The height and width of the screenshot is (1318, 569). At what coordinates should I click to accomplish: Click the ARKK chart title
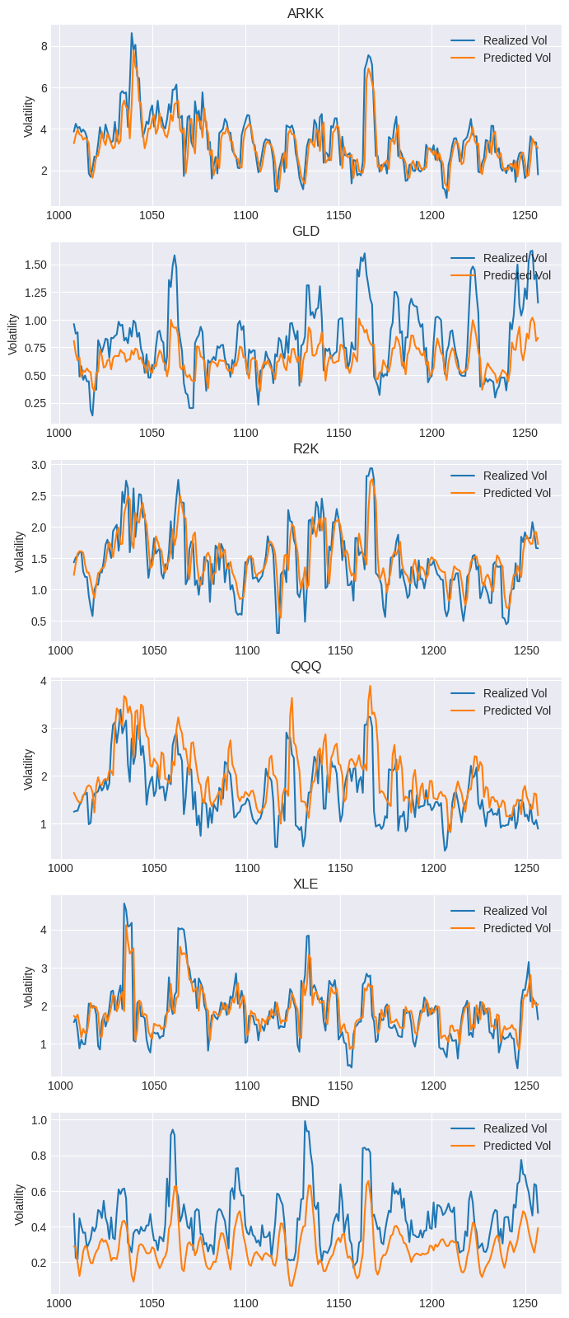point(305,13)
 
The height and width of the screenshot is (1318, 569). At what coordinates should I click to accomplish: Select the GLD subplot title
point(305,231)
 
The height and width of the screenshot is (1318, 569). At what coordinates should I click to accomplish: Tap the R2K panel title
point(305,448)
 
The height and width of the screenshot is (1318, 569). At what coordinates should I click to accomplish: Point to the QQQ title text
point(305,666)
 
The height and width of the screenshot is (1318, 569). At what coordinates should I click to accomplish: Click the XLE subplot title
point(305,884)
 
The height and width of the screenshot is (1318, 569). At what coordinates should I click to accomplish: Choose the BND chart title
point(305,1101)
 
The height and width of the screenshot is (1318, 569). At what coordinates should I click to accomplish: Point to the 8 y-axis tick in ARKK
point(44,46)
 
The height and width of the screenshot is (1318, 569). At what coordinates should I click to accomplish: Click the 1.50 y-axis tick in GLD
point(35,265)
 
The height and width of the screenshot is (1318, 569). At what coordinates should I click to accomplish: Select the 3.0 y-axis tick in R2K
point(39,465)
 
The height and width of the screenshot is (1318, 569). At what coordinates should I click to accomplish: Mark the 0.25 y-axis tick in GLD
point(35,403)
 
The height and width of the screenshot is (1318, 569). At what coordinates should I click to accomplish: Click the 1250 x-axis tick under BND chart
point(525,1303)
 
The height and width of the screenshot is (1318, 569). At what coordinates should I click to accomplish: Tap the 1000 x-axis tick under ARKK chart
point(58,215)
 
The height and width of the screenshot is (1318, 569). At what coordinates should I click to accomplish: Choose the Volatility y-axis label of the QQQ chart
point(29,769)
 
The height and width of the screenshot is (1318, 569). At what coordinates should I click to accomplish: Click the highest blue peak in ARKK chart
point(131,34)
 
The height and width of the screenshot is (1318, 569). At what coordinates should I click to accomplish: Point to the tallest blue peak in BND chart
point(305,1121)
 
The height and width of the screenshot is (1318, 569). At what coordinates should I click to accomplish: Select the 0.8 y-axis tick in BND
point(39,1156)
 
